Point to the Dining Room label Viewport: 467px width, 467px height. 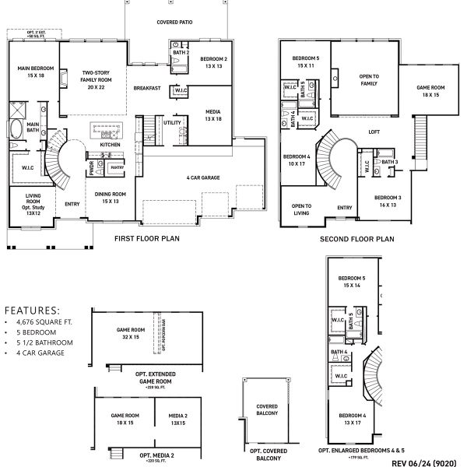(114, 197)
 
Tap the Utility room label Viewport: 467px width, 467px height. (171, 123)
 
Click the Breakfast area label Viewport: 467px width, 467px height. (146, 88)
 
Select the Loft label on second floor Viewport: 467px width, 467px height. (373, 132)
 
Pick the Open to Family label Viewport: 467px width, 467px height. (368, 79)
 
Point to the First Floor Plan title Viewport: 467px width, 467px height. (148, 240)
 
